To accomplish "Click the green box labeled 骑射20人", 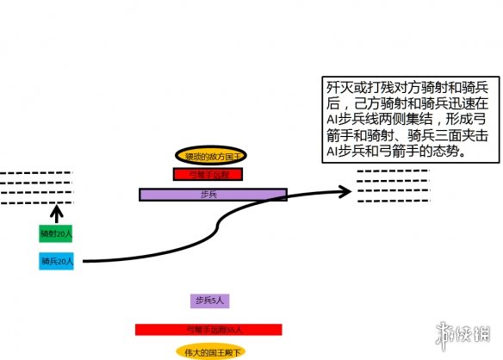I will pyautogui.click(x=57, y=233).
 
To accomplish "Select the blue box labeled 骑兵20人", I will pyautogui.click(x=57, y=260).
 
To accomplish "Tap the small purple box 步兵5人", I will pyautogui.click(x=209, y=301).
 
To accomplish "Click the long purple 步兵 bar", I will pyautogui.click(x=212, y=195).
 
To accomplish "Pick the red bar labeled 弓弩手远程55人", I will pyautogui.click(x=208, y=329).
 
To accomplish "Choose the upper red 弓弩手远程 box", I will pyautogui.click(x=209, y=173).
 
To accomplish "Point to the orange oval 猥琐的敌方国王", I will pyautogui.click(x=211, y=156).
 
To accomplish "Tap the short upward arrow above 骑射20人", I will pyautogui.click(x=58, y=212).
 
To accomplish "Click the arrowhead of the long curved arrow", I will pyautogui.click(x=347, y=190).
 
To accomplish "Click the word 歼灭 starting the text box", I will pyautogui.click(x=340, y=88).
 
